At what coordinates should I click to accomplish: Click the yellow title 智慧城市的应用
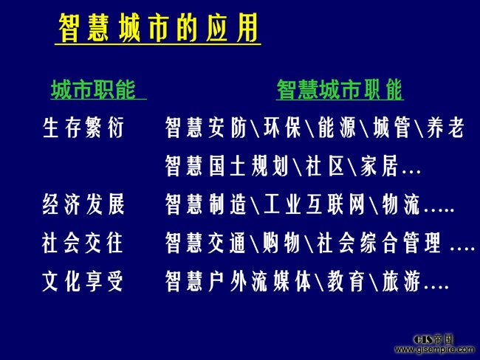(158, 28)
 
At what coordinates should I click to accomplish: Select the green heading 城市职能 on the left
(93, 89)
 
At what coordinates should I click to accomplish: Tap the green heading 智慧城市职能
(340, 89)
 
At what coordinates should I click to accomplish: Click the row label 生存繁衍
(83, 127)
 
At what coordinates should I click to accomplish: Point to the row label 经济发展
(83, 204)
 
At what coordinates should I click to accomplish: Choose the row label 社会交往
(83, 243)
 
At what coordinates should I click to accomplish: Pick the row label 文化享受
(83, 281)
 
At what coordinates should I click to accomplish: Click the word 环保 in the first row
(282, 127)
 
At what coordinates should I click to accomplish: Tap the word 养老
(445, 127)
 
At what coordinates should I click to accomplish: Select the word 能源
(337, 127)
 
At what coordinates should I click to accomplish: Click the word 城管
(391, 127)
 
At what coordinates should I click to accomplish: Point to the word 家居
(379, 166)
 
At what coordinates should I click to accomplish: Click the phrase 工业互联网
(315, 204)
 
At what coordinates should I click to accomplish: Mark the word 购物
(281, 243)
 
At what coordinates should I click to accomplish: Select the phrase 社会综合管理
(379, 243)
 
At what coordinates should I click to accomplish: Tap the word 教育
(346, 281)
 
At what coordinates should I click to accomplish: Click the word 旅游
(401, 281)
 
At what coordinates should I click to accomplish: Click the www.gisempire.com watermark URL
(435, 349)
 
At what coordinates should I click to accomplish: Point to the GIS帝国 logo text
(433, 339)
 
